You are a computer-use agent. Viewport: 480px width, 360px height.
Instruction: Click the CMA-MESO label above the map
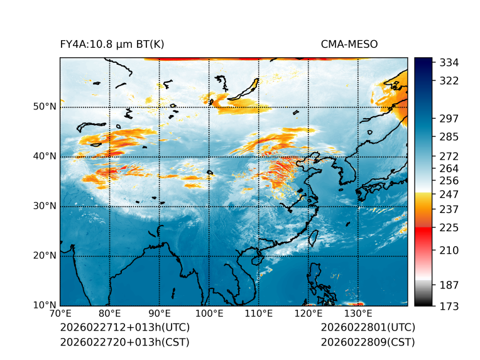[x=349, y=44]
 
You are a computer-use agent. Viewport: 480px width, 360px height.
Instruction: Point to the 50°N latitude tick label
[x=45, y=107]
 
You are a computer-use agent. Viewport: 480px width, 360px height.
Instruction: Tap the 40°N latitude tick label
[x=45, y=156]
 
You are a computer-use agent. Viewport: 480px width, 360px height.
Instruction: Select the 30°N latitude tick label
[x=45, y=206]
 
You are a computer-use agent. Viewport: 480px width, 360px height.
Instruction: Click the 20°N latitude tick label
[x=45, y=256]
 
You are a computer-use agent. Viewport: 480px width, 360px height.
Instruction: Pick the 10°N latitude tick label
[x=45, y=305]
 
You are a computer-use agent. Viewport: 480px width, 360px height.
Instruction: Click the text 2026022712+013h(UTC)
[x=124, y=328]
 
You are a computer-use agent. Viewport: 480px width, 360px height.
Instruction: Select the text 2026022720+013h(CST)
[x=124, y=342]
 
